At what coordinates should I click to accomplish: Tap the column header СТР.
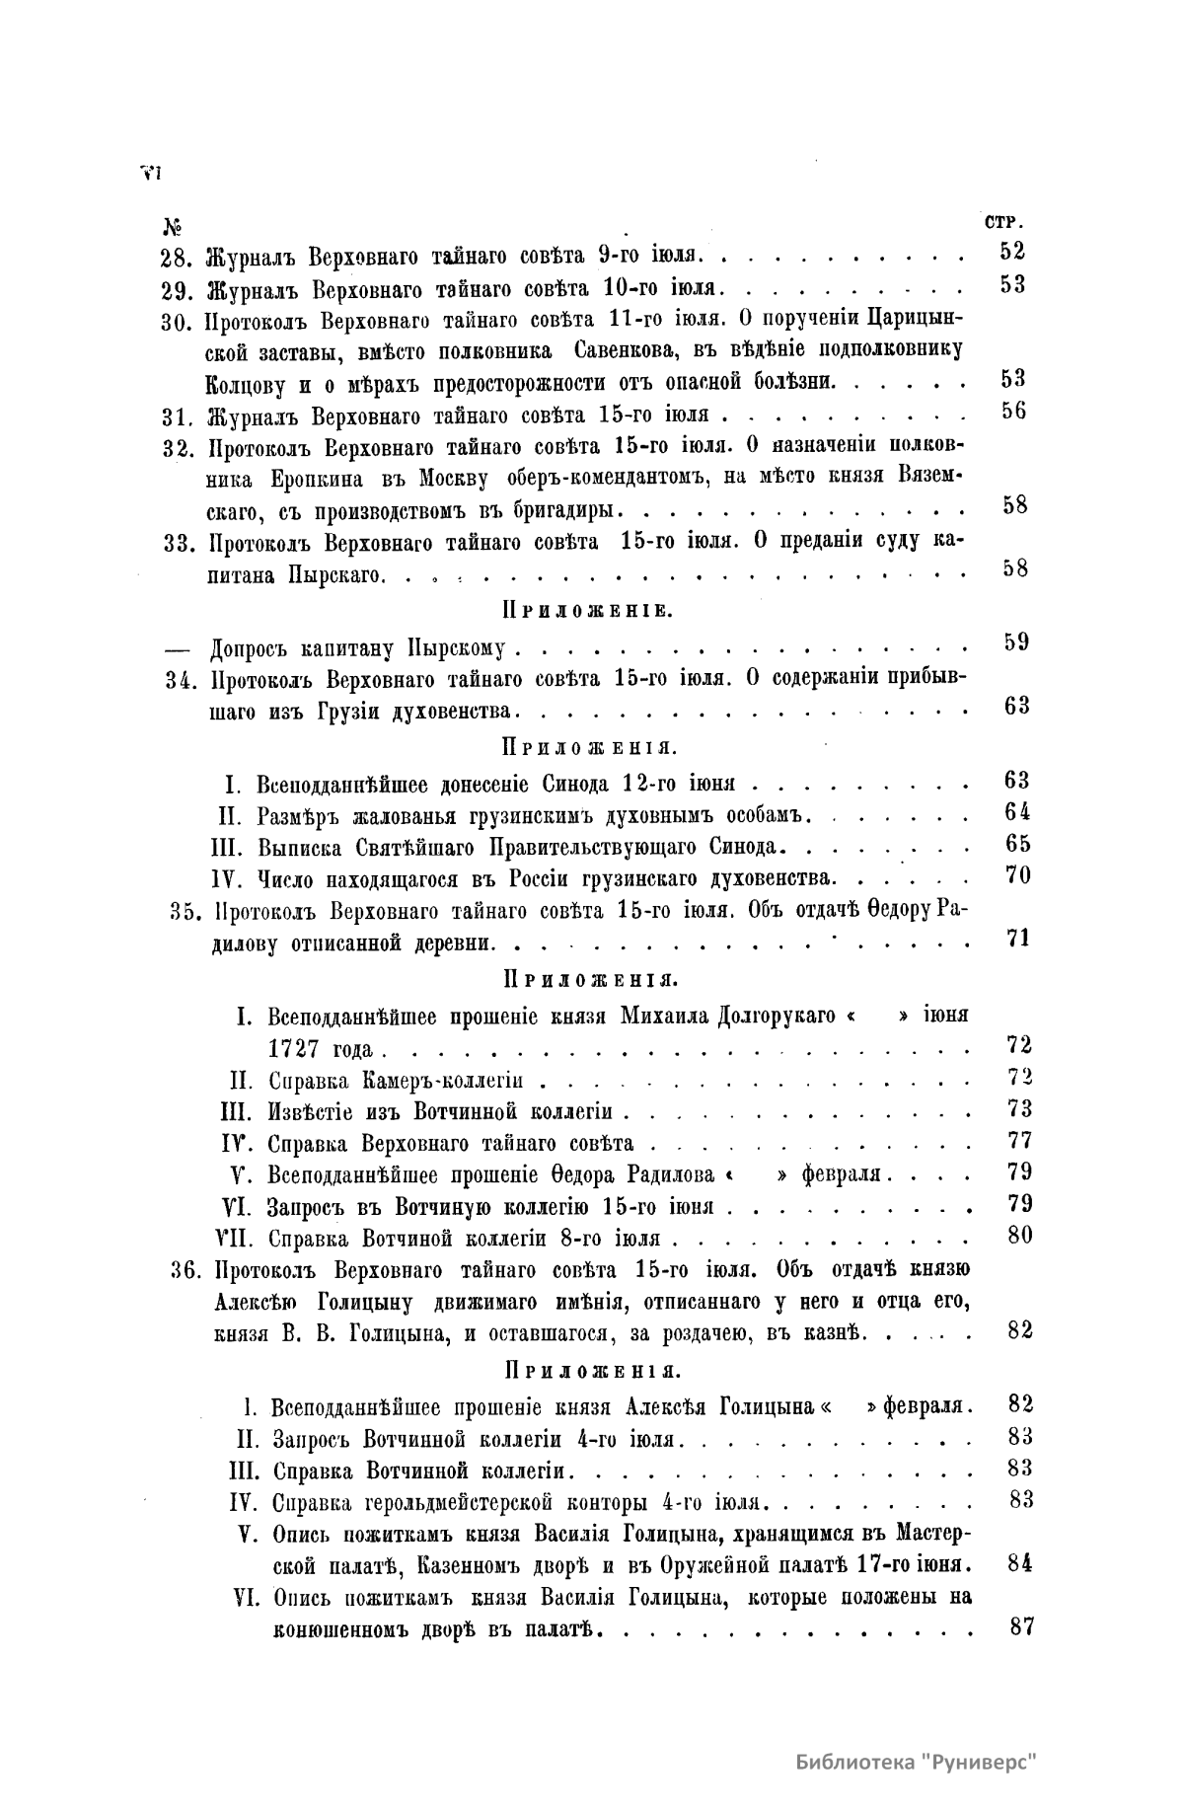tap(1003, 221)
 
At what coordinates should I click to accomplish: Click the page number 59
tap(1016, 642)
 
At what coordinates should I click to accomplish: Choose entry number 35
tap(185, 911)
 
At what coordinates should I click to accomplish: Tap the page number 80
tap(1019, 1234)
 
